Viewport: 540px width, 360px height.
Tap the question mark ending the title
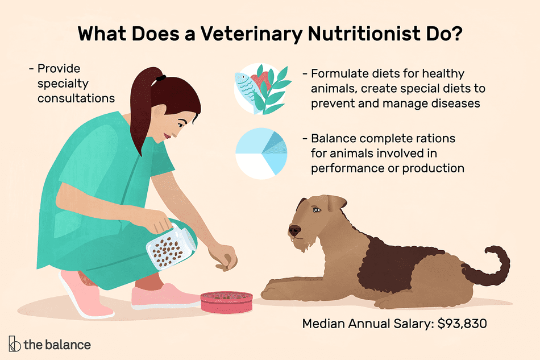456,34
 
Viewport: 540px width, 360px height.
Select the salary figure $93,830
462,324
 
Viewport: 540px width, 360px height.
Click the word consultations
76,98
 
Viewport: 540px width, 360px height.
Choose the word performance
350,168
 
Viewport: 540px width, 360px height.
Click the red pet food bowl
227,302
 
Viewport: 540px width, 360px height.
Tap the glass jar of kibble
171,246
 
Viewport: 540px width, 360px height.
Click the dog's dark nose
294,230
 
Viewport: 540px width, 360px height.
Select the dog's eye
317,209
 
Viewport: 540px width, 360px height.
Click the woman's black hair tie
161,78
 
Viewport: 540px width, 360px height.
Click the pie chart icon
261,154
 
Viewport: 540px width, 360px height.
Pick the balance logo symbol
14,344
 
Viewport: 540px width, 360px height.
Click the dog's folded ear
336,202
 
